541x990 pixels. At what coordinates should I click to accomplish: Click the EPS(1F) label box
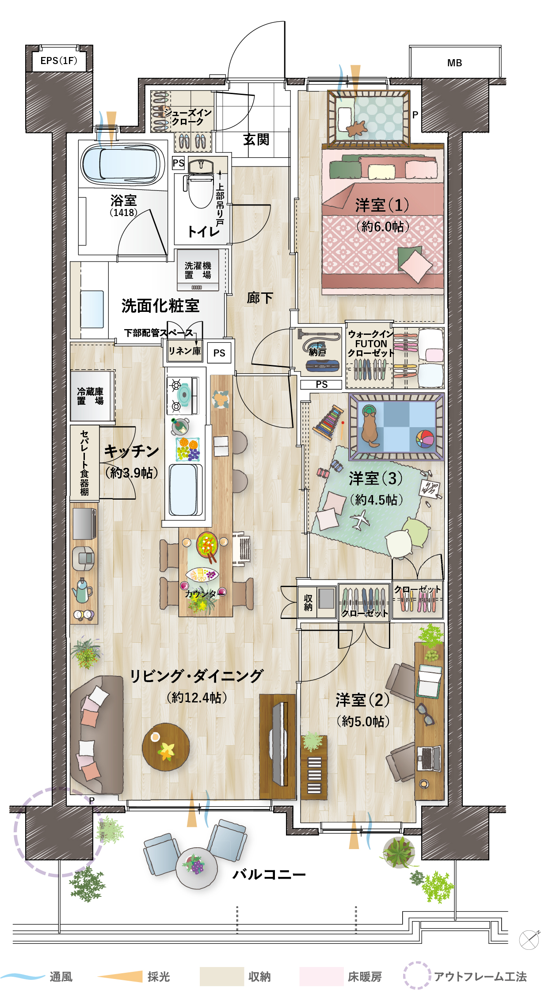point(59,61)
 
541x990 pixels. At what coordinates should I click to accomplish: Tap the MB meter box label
point(454,63)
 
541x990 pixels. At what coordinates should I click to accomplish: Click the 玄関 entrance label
point(256,140)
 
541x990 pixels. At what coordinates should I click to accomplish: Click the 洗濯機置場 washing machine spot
point(198,270)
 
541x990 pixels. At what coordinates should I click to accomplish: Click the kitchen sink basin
point(183,489)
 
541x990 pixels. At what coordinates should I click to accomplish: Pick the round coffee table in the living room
point(166,747)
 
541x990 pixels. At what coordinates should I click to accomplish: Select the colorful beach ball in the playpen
point(425,439)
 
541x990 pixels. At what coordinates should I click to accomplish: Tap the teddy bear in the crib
point(357,128)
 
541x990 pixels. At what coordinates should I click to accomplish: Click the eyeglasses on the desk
point(425,714)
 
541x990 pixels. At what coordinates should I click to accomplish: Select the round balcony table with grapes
point(196,868)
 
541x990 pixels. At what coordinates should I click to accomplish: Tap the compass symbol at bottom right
point(529,939)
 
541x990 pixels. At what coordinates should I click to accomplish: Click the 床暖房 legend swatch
point(321,976)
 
